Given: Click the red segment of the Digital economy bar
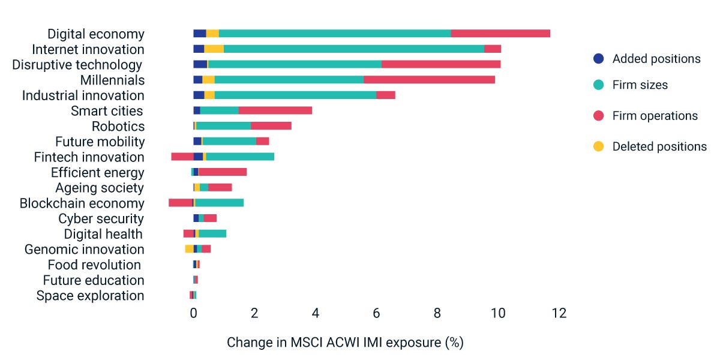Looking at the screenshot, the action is pyautogui.click(x=500, y=34).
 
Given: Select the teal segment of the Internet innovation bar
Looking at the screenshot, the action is pyautogui.click(x=354, y=49).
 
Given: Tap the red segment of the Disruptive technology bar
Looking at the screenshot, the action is pyautogui.click(x=441, y=64).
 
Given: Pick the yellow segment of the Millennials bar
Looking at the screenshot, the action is pyautogui.click(x=208, y=80).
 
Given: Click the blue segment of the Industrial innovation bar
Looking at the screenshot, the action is pyautogui.click(x=199, y=95).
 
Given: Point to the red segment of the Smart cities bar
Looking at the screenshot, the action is pyautogui.click(x=275, y=110).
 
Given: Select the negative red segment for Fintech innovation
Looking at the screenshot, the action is pyautogui.click(x=182, y=157).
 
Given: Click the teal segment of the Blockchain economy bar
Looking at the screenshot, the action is pyautogui.click(x=220, y=203).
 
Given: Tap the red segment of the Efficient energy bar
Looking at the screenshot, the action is pyautogui.click(x=223, y=172).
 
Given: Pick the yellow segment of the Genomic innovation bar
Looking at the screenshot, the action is pyautogui.click(x=190, y=249).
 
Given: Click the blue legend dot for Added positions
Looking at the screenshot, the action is pyautogui.click(x=599, y=59).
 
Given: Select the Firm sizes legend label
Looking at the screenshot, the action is pyautogui.click(x=640, y=85).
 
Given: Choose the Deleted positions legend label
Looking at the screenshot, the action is pyautogui.click(x=659, y=146).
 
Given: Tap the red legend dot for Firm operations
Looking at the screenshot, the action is pyautogui.click(x=599, y=116).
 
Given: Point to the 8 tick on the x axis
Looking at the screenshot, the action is pyautogui.click(x=437, y=313).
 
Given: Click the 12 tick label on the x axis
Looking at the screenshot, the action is pyautogui.click(x=559, y=313).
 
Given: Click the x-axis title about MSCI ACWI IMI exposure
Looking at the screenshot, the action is pyautogui.click(x=345, y=343).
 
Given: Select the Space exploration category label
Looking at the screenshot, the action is pyautogui.click(x=91, y=296).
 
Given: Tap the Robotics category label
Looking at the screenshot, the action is pyautogui.click(x=118, y=127).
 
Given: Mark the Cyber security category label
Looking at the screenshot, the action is pyautogui.click(x=101, y=219).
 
